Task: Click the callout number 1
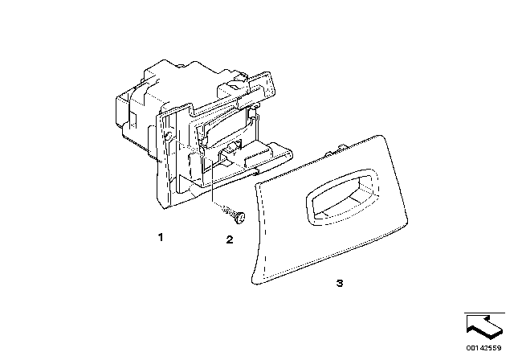coord(161,238)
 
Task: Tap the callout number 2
coord(229,239)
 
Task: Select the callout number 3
coord(340,284)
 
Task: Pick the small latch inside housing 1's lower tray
coord(233,146)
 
